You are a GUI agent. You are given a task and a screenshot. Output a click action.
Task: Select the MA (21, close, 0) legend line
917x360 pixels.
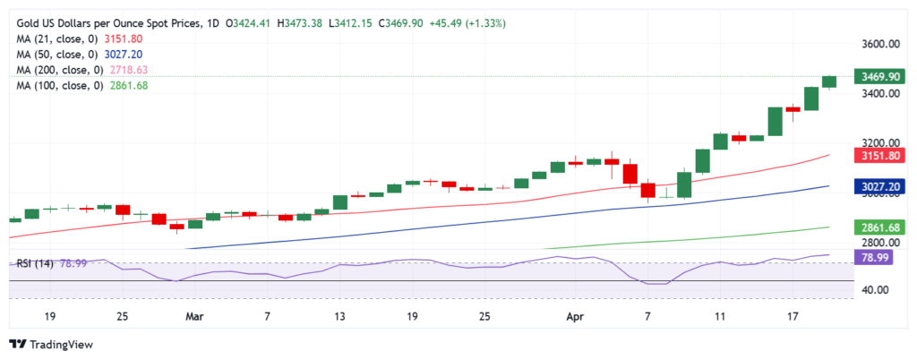pos(88,39)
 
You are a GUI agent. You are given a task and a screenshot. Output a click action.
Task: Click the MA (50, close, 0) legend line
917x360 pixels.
pos(88,55)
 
